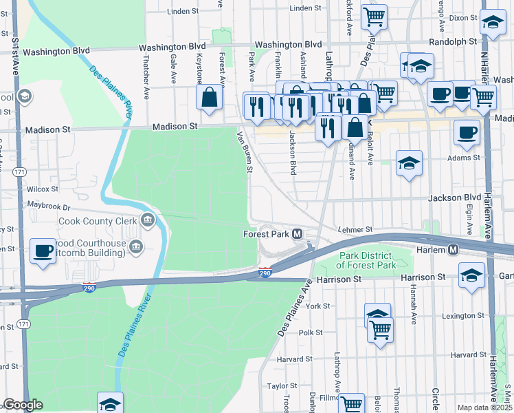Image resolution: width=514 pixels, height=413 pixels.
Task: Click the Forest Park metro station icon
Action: (298, 234)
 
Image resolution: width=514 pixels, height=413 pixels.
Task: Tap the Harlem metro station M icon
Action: (454, 249)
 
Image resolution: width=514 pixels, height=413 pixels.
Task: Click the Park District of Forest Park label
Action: (377, 260)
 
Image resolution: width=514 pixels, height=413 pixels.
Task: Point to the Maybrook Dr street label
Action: (49, 206)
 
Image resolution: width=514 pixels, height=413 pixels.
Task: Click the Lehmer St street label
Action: (355, 229)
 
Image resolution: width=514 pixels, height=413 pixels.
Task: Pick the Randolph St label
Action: (452, 42)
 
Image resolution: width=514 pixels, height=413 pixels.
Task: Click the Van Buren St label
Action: (245, 153)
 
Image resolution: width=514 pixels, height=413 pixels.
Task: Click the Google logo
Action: (23, 405)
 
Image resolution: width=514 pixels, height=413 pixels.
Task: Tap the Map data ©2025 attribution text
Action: (484, 407)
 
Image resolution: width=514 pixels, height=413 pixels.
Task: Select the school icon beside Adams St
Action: (409, 164)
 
